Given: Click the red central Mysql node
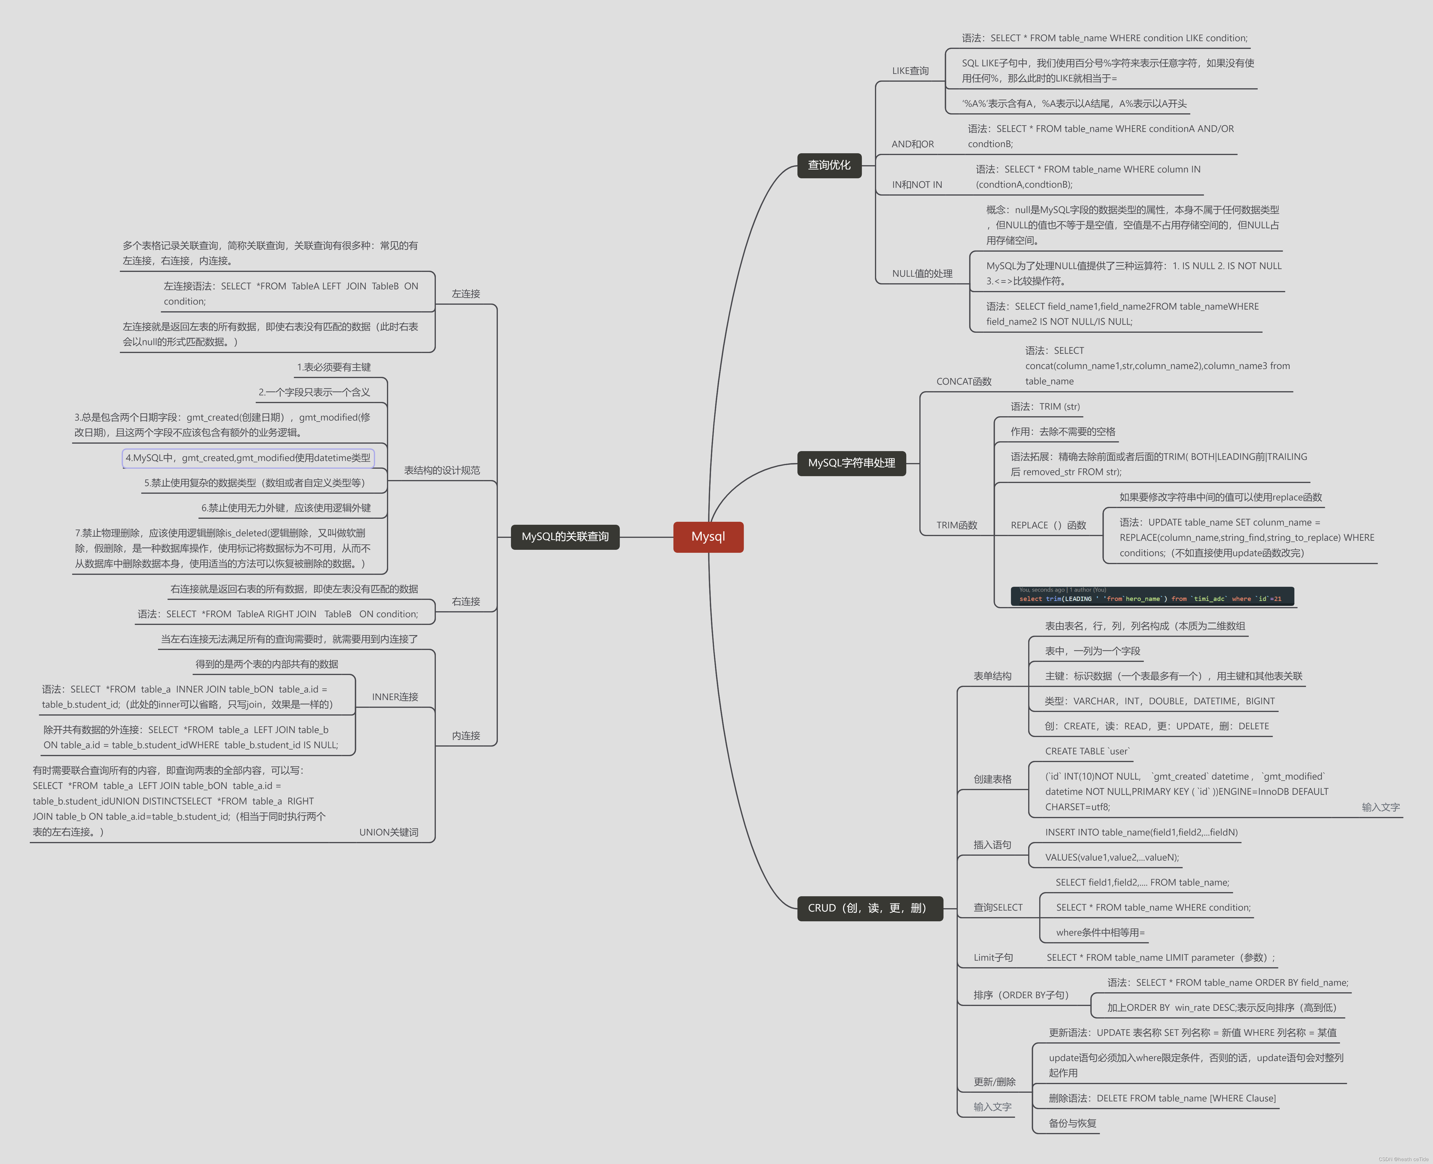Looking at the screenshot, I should (x=708, y=536).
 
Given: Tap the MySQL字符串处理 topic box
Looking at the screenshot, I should (x=851, y=463).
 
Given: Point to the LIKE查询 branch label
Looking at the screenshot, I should (x=910, y=71).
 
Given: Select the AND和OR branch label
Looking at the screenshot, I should (x=912, y=144).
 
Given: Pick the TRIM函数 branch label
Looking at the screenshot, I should (x=956, y=525).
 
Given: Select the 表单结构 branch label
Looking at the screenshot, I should (x=992, y=676).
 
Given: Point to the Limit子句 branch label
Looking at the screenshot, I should (x=993, y=957).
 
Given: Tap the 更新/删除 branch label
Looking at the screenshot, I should (x=994, y=1081).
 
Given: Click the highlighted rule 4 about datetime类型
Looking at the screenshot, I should (x=248, y=458).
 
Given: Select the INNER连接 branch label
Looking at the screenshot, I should (x=395, y=697).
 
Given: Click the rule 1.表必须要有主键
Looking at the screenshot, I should (x=334, y=367).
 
